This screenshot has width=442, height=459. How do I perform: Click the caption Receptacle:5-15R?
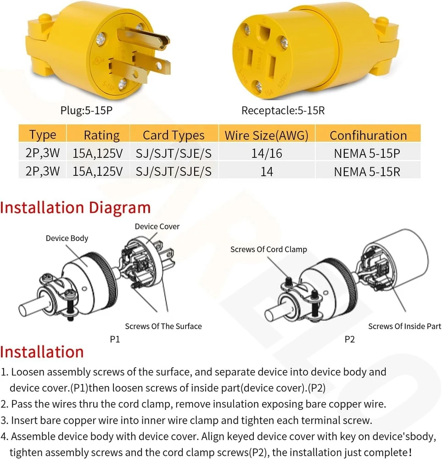283,111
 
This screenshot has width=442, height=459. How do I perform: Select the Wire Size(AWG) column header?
266,135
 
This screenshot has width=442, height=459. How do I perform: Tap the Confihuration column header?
368,135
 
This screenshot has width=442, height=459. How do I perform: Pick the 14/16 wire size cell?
266,153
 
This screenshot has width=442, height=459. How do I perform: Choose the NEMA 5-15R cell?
367,172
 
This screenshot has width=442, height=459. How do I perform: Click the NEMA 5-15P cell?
367,153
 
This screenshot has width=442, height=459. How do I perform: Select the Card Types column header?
173,135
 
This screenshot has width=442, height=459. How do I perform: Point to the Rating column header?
101,135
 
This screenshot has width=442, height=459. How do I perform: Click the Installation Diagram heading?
75,207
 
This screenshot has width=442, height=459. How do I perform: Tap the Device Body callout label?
67,238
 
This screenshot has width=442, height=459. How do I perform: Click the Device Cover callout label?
157,226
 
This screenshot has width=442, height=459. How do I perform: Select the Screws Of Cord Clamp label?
269,249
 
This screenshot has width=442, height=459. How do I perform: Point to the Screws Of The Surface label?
163,326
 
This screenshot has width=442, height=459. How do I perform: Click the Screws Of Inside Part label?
404,326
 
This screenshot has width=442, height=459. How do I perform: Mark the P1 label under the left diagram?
115,339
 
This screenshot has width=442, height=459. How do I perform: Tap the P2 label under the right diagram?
350,340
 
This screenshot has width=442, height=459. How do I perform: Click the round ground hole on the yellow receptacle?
264,33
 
